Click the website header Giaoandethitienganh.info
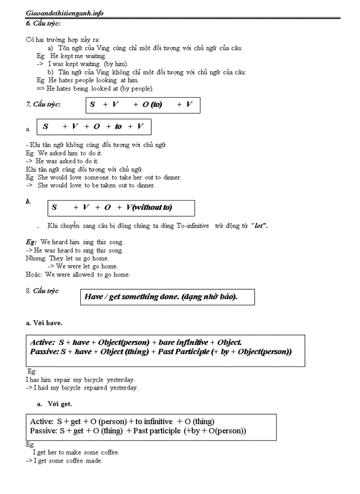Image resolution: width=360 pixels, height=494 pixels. point(64,13)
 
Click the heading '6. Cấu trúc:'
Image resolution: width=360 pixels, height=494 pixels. point(43,24)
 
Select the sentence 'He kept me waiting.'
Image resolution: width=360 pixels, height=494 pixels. point(78,56)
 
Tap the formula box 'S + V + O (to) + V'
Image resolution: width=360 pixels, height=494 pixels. point(142,105)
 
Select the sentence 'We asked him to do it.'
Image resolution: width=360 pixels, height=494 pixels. point(70,153)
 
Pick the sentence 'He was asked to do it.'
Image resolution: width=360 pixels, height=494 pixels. point(67,161)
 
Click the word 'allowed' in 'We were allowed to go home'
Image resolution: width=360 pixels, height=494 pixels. point(81,275)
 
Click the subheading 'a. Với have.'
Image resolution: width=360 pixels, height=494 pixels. point(44,323)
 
